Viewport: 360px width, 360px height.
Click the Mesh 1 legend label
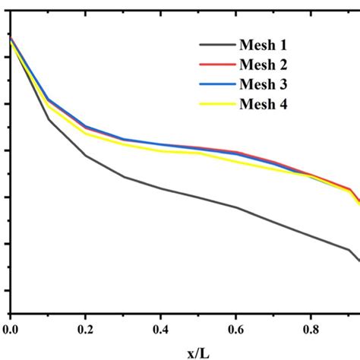click(x=267, y=46)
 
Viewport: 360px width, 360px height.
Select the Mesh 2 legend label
click(x=267, y=65)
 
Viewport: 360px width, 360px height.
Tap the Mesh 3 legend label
click(x=267, y=84)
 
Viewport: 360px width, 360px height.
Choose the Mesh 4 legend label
click(x=267, y=103)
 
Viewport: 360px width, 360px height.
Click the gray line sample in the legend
click(x=217, y=46)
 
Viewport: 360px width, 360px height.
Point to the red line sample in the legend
click(x=217, y=65)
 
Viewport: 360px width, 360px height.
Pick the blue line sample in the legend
click(x=217, y=84)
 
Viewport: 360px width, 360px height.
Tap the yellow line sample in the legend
click(x=217, y=103)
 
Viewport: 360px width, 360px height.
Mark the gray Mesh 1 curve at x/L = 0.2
click(x=85, y=156)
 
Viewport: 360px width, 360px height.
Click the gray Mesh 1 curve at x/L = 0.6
click(x=235, y=207)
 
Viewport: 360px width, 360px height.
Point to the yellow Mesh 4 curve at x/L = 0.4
click(x=160, y=150)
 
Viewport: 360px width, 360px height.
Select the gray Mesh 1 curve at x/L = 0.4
click(x=160, y=188)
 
